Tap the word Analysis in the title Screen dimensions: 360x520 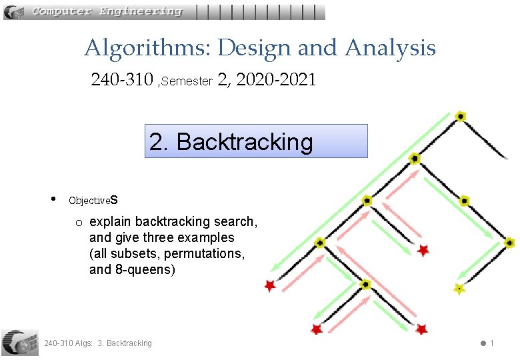(x=390, y=48)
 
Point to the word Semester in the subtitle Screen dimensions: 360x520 (x=187, y=81)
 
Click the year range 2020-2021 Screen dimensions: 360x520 (x=276, y=81)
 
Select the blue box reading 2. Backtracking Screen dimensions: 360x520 (x=256, y=141)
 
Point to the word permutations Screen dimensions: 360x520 (x=208, y=253)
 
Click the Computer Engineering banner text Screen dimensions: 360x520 (x=107, y=11)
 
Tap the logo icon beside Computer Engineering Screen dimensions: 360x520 (x=15, y=11)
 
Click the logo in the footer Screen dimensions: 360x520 (x=19, y=341)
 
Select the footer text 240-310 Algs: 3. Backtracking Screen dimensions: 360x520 (x=97, y=343)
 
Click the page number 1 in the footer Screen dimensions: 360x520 (x=491, y=343)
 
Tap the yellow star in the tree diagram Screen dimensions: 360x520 (x=459, y=289)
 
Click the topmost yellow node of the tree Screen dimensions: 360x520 (x=460, y=116)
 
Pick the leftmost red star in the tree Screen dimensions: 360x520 (x=269, y=286)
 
